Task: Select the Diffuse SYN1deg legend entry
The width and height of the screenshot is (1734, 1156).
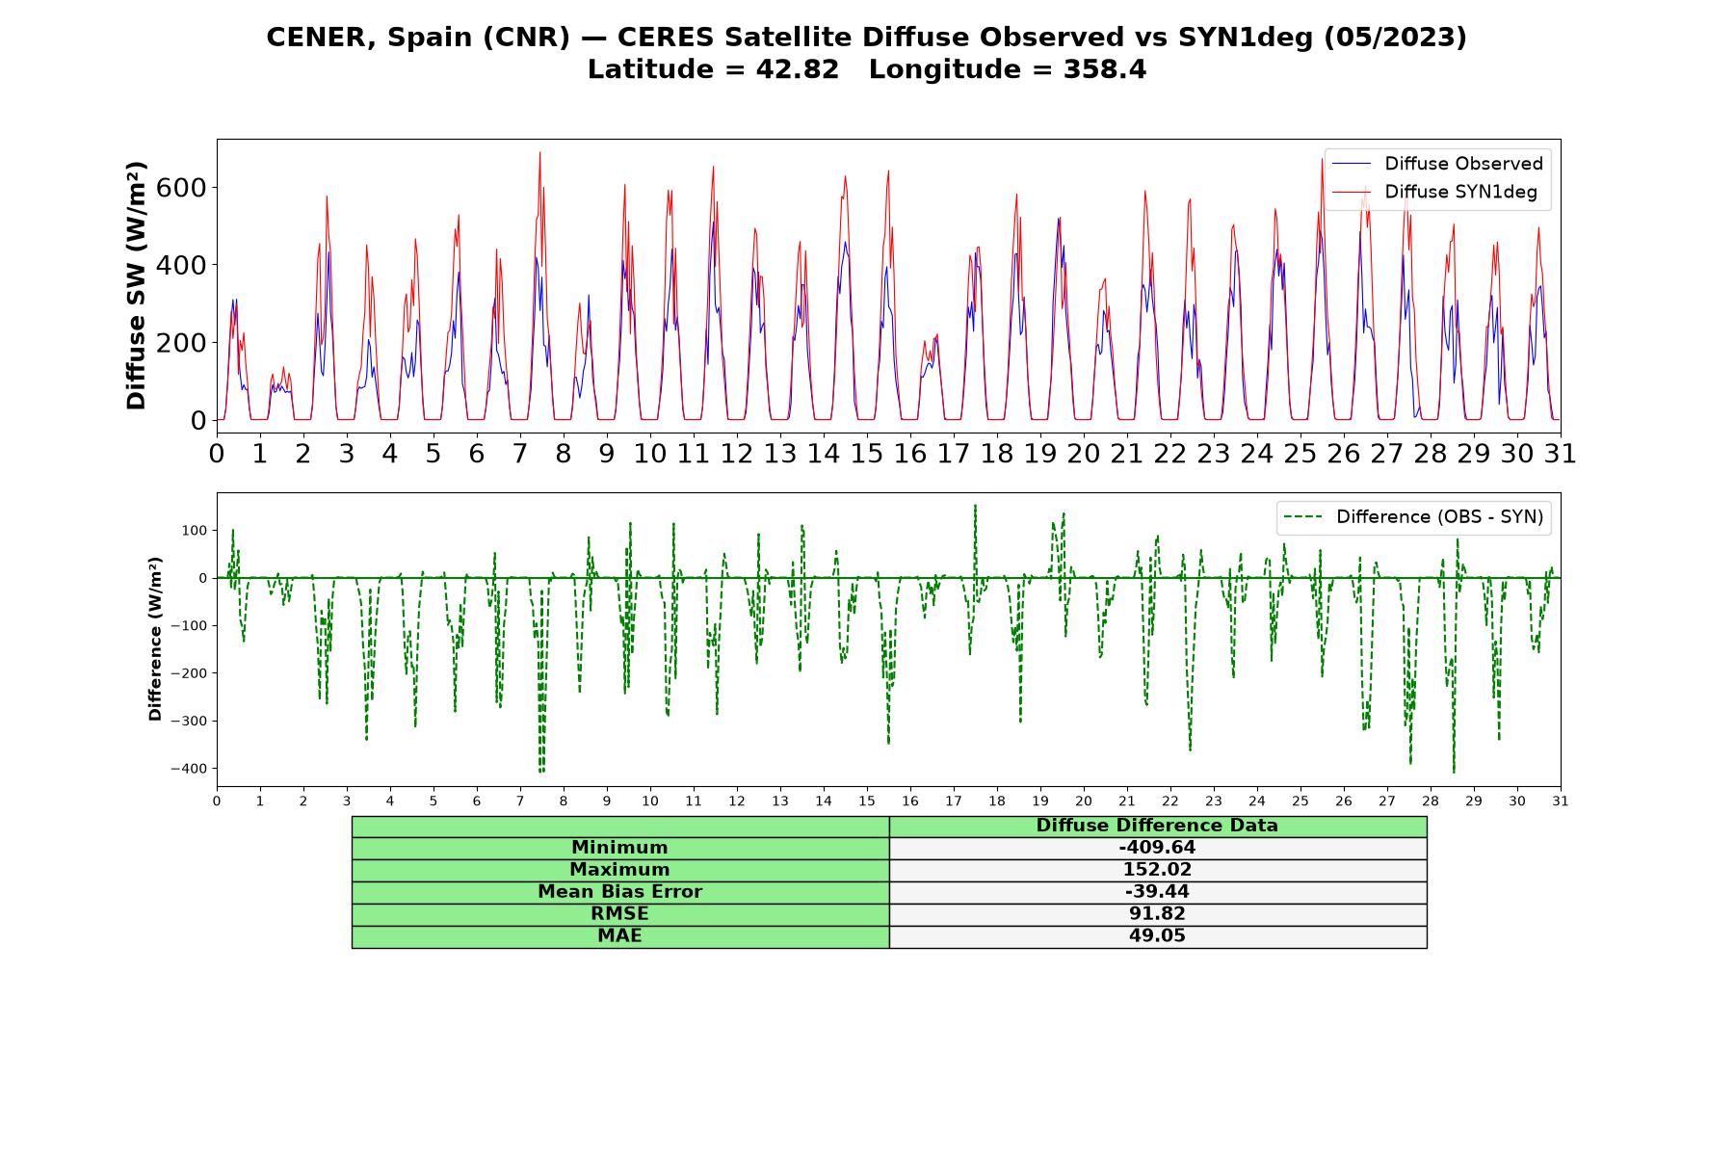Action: pyautogui.click(x=1434, y=192)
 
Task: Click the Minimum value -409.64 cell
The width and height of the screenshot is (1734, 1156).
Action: pyautogui.click(x=1157, y=848)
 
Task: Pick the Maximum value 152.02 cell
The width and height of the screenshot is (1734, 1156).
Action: pyautogui.click(x=1157, y=870)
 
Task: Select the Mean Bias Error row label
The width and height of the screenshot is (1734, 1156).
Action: pyautogui.click(x=619, y=892)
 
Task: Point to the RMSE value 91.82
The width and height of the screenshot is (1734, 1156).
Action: pyautogui.click(x=1157, y=914)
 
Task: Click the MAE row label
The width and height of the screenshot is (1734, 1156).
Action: pyautogui.click(x=619, y=936)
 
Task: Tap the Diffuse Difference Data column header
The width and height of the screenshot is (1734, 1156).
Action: pyautogui.click(x=1157, y=826)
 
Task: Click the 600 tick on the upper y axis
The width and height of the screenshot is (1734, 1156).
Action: pyautogui.click(x=181, y=187)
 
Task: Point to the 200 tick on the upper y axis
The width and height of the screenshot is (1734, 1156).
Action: pyautogui.click(x=181, y=343)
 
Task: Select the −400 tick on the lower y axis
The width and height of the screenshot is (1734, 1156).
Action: pyautogui.click(x=190, y=769)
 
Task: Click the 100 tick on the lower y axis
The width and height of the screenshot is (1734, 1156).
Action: pyautogui.click(x=196, y=531)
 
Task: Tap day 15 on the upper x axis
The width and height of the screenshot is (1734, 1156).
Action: pyautogui.click(x=867, y=454)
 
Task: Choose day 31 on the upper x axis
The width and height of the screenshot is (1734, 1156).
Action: pyautogui.click(x=1561, y=454)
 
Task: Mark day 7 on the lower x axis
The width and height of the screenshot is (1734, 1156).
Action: pyautogui.click(x=520, y=801)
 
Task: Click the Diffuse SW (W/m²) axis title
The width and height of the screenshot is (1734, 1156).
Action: pyautogui.click(x=137, y=286)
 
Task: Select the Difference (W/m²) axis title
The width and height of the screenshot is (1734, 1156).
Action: pyautogui.click(x=155, y=640)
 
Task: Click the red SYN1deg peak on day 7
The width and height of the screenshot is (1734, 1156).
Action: pyautogui.click(x=539, y=152)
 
